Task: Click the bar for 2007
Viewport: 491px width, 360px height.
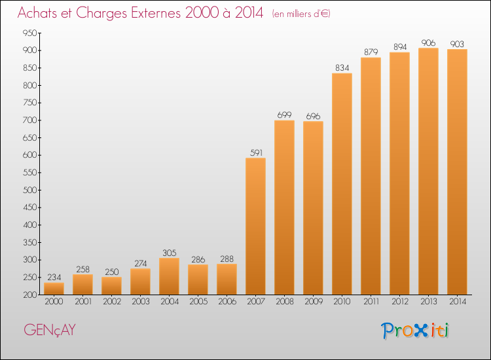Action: (255, 226)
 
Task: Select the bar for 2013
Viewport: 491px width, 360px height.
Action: (428, 171)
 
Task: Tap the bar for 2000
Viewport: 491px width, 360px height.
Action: (54, 289)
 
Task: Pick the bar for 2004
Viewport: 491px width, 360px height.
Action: (169, 276)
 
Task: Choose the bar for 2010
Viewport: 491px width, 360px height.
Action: (342, 184)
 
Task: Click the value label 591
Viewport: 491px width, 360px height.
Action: (256, 153)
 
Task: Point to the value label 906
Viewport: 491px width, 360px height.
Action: (429, 43)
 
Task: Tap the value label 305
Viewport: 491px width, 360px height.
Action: (170, 253)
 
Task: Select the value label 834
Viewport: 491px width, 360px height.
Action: (342, 68)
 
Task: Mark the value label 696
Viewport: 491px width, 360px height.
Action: (313, 117)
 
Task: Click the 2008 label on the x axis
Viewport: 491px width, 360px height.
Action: (285, 302)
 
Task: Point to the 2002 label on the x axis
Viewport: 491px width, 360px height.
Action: (112, 302)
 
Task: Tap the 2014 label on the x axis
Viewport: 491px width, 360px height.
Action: (458, 302)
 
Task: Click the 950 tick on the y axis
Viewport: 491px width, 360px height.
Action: (29, 33)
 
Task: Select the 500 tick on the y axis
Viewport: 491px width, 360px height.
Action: (29, 190)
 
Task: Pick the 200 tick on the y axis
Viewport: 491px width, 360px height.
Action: (29, 295)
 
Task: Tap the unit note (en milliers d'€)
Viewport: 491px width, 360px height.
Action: (301, 14)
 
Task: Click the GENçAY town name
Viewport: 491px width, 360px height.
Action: (50, 331)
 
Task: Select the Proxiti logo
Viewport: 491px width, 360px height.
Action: (415, 331)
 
